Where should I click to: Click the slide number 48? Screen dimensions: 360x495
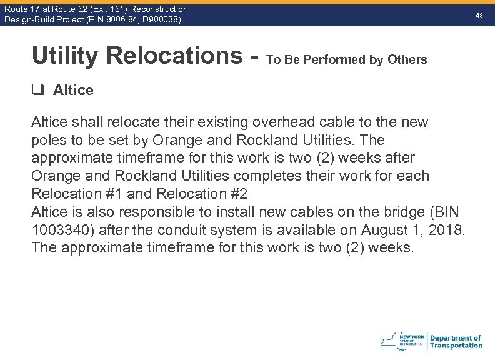[479, 14]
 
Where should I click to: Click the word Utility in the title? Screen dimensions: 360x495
[65, 56]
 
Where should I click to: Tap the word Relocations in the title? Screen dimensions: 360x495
[175, 56]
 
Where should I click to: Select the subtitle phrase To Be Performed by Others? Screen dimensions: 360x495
[346, 60]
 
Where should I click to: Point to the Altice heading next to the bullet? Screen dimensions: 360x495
[73, 90]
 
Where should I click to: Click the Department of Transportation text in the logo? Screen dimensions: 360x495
[456, 342]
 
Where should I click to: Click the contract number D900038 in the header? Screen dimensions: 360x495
[159, 20]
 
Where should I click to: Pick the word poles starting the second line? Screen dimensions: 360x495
[49, 139]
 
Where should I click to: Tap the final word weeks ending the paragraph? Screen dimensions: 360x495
[391, 248]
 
